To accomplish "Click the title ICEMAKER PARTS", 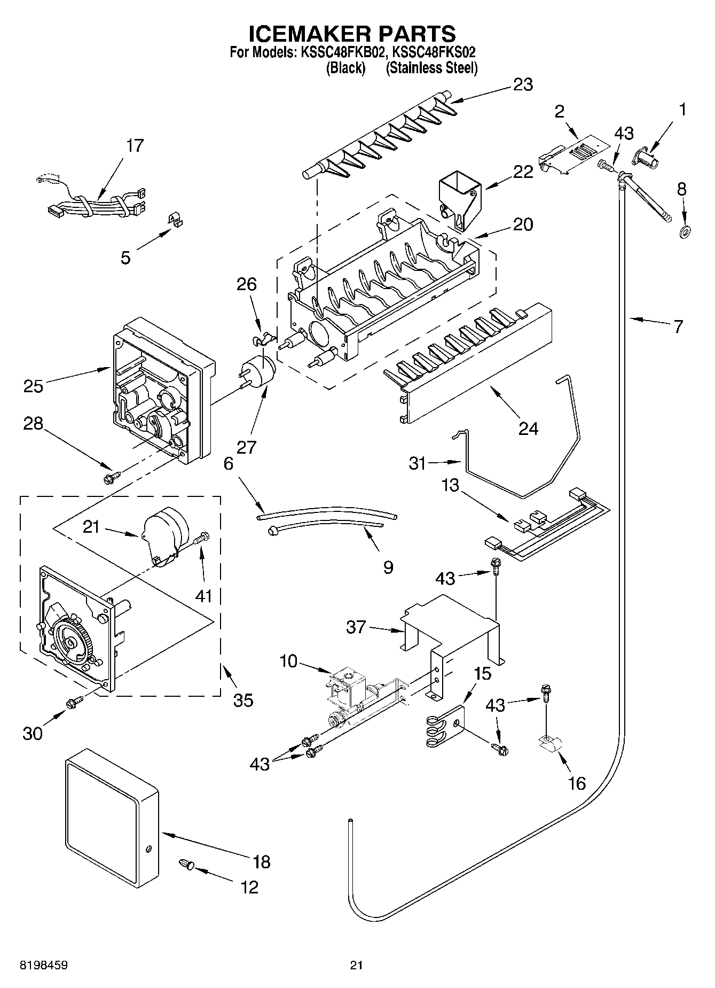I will point(352,34).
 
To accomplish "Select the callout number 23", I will point(523,84).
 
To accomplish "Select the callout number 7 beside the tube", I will point(678,326).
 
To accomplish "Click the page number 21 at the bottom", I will point(357,965).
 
